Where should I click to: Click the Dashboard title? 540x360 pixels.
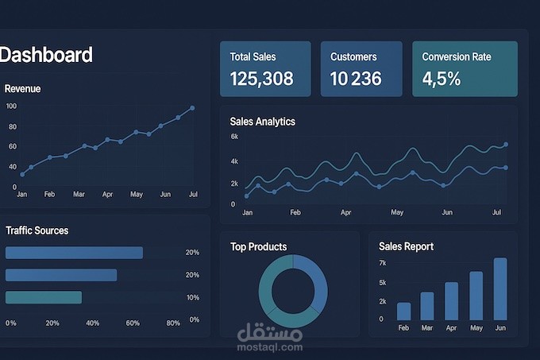[x=46, y=55]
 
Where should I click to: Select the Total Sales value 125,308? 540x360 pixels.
[x=261, y=79]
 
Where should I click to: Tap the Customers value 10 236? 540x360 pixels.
[x=356, y=79]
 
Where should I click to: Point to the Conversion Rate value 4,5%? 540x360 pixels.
[x=441, y=79]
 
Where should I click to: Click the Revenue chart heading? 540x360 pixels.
[x=23, y=89]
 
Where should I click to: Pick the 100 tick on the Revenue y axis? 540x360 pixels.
[x=11, y=106]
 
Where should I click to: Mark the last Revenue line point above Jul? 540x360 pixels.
[x=192, y=107]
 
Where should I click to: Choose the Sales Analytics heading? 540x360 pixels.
[x=262, y=122]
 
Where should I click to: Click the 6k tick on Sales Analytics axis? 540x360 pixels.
[x=234, y=137]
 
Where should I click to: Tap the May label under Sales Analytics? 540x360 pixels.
[x=397, y=213]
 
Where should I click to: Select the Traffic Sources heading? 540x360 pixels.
[x=37, y=230]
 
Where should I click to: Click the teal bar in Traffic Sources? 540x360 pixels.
[x=44, y=297]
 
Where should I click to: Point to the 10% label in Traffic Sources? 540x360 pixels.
[x=192, y=297]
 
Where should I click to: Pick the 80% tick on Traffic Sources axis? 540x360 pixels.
[x=173, y=323]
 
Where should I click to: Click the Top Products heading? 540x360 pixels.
[x=258, y=246]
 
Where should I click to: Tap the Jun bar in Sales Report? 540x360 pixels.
[x=500, y=288]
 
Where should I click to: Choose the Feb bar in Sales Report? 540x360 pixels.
[x=404, y=311]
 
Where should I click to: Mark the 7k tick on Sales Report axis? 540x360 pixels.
[x=382, y=263]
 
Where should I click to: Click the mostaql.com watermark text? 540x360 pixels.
[x=270, y=347]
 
